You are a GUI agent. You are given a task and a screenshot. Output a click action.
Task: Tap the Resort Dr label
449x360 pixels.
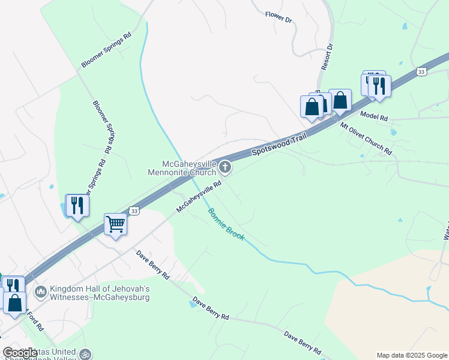[327, 57]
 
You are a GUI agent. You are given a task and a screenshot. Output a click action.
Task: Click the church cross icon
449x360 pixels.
[224, 166]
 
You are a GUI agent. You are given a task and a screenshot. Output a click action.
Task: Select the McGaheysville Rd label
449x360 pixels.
[199, 197]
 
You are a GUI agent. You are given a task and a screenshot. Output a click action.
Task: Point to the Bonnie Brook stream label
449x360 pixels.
[226, 224]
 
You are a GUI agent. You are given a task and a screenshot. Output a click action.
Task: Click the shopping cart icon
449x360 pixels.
[115, 224]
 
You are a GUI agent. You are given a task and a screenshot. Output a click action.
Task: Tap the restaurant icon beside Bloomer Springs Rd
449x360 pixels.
[77, 205]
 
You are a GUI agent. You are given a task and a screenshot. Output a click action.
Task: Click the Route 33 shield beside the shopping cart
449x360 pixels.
[135, 211]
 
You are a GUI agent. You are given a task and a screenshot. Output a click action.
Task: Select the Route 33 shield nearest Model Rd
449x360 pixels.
[421, 71]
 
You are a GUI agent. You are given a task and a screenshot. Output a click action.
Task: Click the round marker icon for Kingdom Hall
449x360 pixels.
[41, 292]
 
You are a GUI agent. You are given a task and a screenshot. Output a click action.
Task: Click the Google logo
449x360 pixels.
[20, 353]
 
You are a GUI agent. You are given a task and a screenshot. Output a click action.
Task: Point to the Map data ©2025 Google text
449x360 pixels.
[412, 355]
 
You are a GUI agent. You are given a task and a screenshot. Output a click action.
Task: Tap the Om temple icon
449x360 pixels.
[86, 354]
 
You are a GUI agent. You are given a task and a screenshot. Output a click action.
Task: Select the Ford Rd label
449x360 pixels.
[35, 321]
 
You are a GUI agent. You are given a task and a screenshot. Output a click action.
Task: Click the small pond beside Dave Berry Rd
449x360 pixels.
[191, 304]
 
